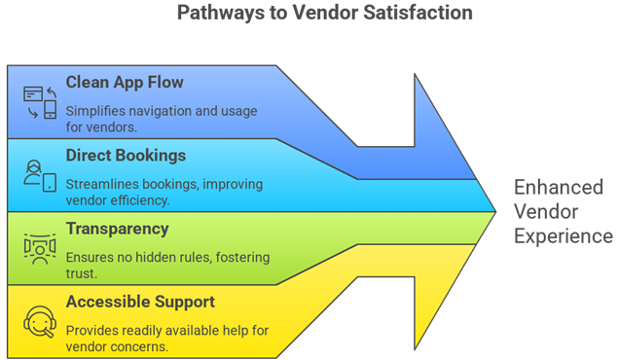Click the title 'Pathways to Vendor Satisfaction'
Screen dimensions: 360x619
[x=324, y=14]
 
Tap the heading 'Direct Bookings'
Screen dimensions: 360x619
[x=126, y=155]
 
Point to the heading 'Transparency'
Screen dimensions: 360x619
[x=117, y=229]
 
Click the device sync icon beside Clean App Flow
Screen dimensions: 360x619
[x=39, y=102]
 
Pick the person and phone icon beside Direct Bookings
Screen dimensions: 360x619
[x=39, y=175]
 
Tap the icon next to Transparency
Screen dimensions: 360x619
[x=39, y=248]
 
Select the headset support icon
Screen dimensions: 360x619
[x=39, y=321]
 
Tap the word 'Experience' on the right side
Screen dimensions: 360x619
[x=564, y=235]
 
